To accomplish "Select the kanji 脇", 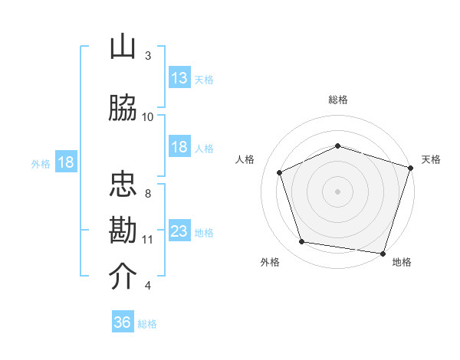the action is tap(123, 107).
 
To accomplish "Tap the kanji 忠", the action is tap(123, 184).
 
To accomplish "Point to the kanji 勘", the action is tap(123, 230).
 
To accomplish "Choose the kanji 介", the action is tap(123, 276).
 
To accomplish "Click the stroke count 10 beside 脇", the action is tap(147, 117).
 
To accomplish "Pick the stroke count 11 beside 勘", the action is tap(147, 240).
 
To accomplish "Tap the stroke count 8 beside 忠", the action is tap(148, 194).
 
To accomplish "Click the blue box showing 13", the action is tap(180, 77).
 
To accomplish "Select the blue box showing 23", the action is tap(180, 230).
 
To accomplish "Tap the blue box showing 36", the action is tap(123, 321).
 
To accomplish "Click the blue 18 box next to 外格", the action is tap(66, 162).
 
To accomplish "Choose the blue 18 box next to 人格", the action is tap(180, 146).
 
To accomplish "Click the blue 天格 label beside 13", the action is tap(204, 80).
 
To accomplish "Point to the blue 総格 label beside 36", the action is tap(147, 324).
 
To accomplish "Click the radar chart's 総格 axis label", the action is tap(338, 100).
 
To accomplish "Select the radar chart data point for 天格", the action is tap(411, 168).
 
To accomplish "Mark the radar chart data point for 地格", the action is tap(383, 254).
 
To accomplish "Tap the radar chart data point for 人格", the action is tap(280, 172).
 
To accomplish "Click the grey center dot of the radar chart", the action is tap(337, 191).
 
